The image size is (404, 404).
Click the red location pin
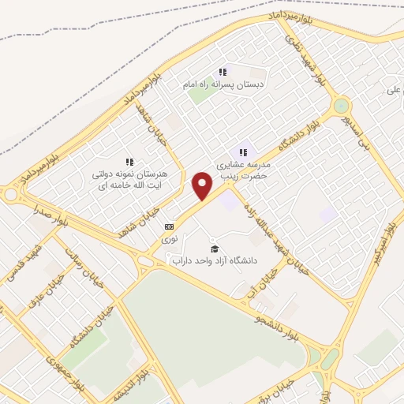coord(203,186)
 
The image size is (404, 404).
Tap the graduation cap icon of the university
coord(215,249)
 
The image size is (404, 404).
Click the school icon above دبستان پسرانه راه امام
coord(223,72)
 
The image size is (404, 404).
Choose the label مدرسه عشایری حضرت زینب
coord(243,171)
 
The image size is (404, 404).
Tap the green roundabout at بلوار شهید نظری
coord(341,105)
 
